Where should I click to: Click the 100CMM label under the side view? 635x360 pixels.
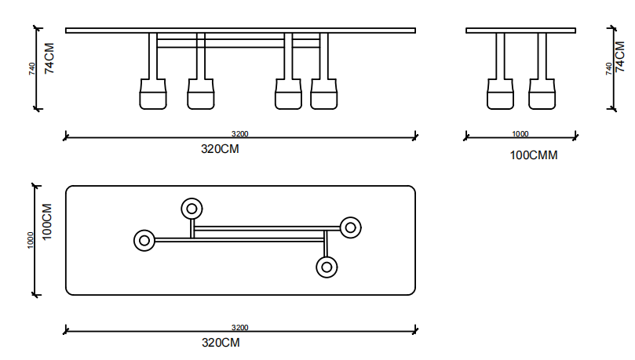(x=534, y=155)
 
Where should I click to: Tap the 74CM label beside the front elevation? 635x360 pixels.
(x=49, y=58)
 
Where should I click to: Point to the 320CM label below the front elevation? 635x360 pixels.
(x=220, y=149)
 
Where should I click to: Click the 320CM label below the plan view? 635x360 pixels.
(x=221, y=343)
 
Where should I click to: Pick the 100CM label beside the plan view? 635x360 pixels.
(x=47, y=221)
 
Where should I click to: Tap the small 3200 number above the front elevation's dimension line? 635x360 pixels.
(x=239, y=134)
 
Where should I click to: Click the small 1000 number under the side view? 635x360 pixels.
(x=520, y=134)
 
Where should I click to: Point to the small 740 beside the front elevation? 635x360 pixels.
(x=32, y=69)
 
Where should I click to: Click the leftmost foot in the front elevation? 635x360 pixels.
(x=153, y=94)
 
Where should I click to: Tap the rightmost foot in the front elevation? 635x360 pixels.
(x=324, y=94)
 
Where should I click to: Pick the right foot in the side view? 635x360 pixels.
(x=541, y=94)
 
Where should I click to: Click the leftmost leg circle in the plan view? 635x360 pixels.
(x=144, y=241)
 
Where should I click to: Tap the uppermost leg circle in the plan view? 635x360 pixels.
(x=192, y=209)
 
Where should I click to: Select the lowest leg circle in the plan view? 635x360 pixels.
(x=327, y=267)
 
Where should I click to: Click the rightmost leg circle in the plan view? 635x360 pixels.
(x=350, y=227)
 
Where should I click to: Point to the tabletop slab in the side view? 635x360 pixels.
(x=520, y=31)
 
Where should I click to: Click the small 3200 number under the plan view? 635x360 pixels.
(x=239, y=328)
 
